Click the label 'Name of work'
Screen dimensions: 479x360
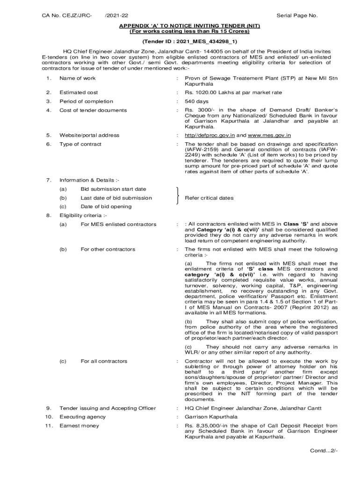(x=77, y=78)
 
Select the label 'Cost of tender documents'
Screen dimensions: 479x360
(x=93, y=110)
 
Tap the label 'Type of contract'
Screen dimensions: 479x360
(x=80, y=144)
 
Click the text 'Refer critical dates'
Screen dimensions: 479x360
(x=209, y=198)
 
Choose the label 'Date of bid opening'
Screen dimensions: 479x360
(x=106, y=207)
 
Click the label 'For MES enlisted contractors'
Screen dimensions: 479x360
(x=118, y=225)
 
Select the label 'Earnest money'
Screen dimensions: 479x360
(x=79, y=426)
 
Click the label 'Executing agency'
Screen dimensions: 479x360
(x=82, y=417)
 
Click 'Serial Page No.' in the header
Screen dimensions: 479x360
(x=297, y=15)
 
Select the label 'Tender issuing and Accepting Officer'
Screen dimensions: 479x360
(x=108, y=408)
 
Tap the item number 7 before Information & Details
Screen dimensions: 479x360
(x=49, y=180)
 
